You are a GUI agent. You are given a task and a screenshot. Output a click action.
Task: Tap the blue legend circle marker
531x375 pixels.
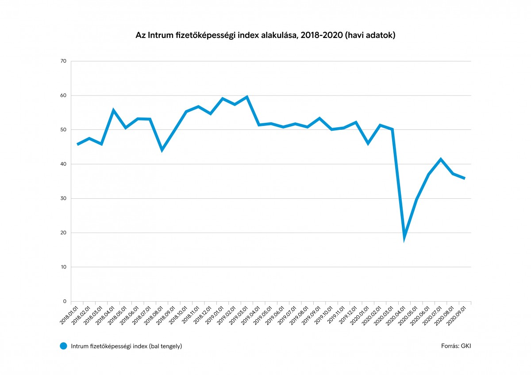tap(64, 346)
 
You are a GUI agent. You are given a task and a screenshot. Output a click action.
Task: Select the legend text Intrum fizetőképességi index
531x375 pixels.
tap(127, 346)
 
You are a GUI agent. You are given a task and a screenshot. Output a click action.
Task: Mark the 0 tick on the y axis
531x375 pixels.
tap(64, 301)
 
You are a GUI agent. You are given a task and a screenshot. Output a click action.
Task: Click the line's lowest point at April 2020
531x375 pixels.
tap(404, 238)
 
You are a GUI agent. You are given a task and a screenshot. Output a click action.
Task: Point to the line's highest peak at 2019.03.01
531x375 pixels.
tap(246, 97)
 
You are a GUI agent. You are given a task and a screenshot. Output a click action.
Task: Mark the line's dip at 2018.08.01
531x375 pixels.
tap(162, 150)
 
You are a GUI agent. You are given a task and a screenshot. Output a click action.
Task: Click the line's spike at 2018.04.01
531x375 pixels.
tap(114, 110)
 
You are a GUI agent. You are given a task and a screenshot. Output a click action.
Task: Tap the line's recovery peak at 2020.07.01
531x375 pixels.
tap(441, 159)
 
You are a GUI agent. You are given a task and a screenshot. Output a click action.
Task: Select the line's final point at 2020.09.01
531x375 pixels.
tap(464, 178)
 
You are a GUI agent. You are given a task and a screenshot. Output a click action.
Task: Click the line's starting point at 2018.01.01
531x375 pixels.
tap(78, 144)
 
